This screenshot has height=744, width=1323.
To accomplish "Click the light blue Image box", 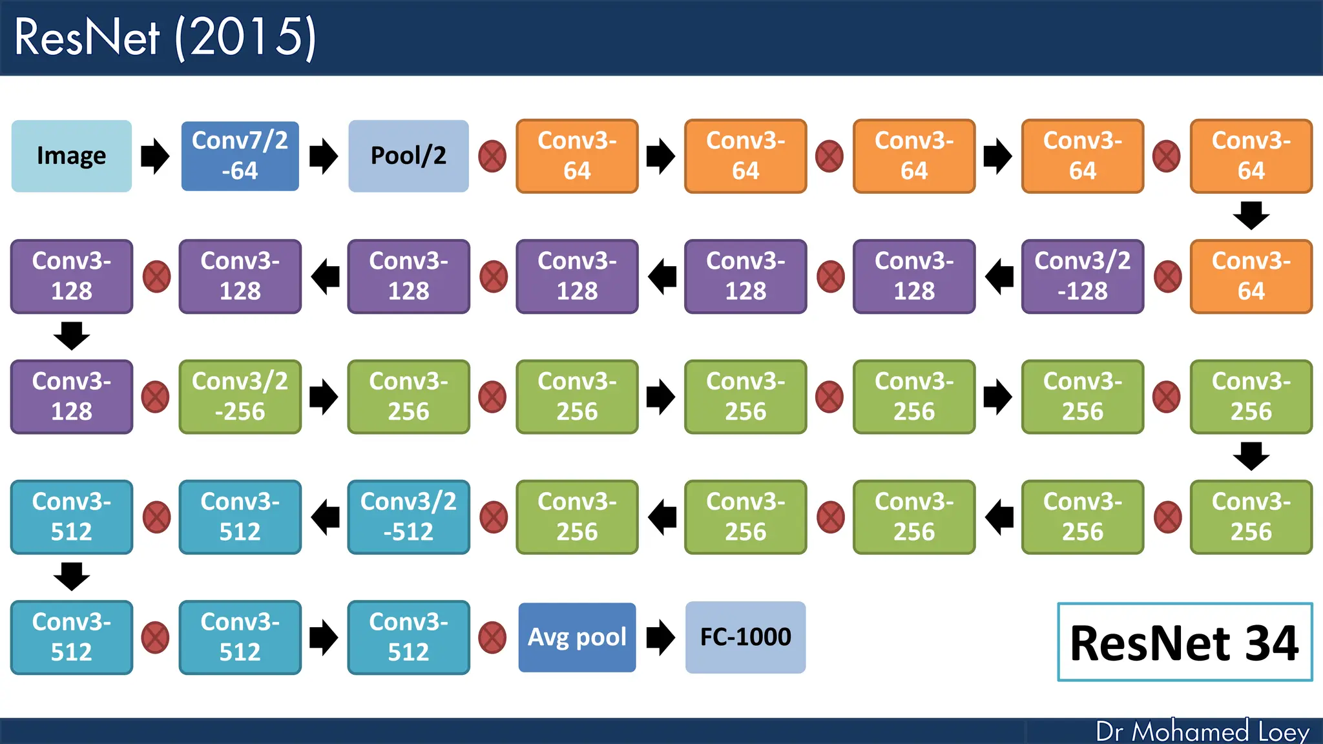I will pos(71,156).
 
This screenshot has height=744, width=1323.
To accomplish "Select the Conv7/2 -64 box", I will pos(240,156).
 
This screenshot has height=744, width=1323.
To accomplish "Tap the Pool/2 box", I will pos(408,156).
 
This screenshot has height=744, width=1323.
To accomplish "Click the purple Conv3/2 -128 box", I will pos(1082,276).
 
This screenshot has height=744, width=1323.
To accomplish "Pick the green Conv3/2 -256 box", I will pos(240,397).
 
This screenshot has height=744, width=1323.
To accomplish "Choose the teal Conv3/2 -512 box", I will pos(408,517).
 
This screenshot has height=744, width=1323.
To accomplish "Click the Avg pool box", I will pos(577,637).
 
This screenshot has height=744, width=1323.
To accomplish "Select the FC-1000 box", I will pos(745,637).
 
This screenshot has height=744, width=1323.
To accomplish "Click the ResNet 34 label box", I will pos(1184,642).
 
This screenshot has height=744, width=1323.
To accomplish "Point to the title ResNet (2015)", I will pos(165,37).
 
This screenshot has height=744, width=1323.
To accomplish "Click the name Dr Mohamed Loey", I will pos(1202,731).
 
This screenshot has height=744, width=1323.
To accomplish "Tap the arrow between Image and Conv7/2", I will pos(155,156).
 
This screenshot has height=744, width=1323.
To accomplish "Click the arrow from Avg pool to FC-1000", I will pos(660,637).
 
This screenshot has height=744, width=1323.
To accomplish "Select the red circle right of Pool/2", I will pos(492,156).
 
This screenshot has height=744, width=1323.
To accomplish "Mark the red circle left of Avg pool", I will pos(492,637).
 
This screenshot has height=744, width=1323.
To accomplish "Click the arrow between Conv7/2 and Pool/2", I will pos(323,156).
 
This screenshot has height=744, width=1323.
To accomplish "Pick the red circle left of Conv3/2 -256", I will pos(156,397).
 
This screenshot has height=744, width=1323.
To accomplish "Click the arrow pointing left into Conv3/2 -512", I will pos(326,517).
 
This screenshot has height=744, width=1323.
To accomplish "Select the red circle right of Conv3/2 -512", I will pos(494,517).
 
